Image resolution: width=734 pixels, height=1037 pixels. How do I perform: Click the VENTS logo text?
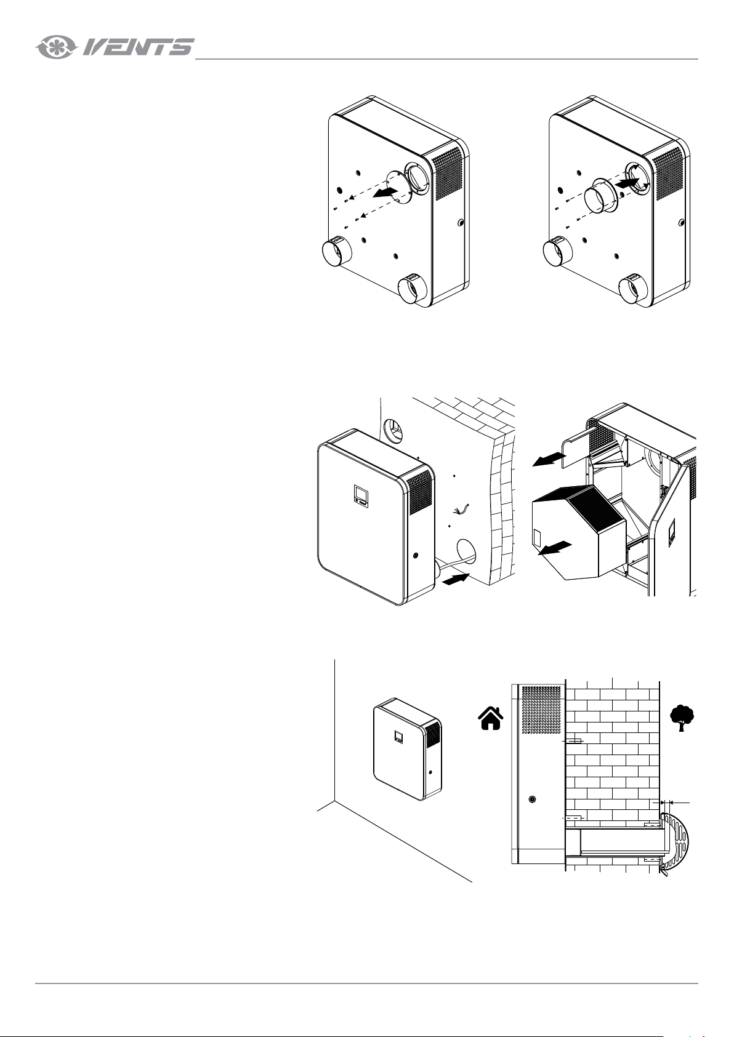pyautogui.click(x=138, y=47)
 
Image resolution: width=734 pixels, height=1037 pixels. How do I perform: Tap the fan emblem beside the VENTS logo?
pyautogui.click(x=55, y=47)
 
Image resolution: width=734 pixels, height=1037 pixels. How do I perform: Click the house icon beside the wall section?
pyautogui.click(x=490, y=718)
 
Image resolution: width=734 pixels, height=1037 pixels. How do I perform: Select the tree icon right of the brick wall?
pyautogui.click(x=682, y=718)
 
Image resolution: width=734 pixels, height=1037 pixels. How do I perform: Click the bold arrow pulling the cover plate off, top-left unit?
pyautogui.click(x=385, y=192)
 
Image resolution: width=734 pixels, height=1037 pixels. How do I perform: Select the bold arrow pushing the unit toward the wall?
pyautogui.click(x=456, y=579)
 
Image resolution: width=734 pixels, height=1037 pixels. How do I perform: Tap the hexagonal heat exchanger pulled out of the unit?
pyautogui.click(x=579, y=532)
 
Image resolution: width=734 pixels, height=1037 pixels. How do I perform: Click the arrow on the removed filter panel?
pyautogui.click(x=549, y=460)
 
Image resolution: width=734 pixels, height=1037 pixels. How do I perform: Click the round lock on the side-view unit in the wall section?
pyautogui.click(x=532, y=799)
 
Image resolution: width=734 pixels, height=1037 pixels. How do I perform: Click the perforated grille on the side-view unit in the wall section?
pyautogui.click(x=542, y=710)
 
